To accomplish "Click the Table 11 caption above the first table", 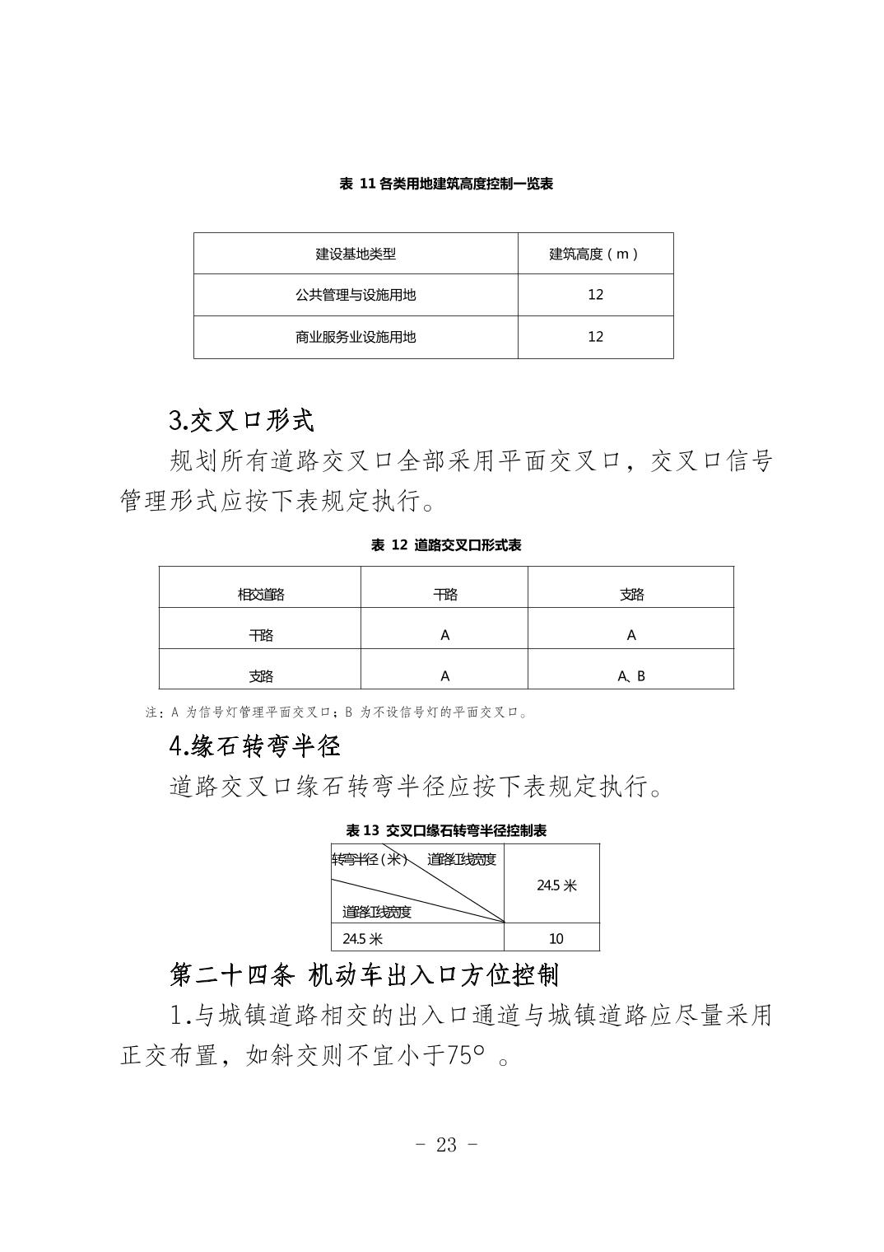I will click(445, 184).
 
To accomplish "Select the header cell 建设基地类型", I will click(356, 254).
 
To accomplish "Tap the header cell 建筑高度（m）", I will click(595, 254).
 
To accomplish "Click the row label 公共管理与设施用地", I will click(356, 295).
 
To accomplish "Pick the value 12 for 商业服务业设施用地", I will click(595, 337).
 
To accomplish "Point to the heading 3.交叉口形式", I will click(241, 421).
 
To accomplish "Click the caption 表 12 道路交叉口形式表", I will click(445, 545).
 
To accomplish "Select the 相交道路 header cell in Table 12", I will click(260, 595).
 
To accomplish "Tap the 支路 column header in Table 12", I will click(631, 595).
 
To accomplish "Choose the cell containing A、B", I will click(631, 676).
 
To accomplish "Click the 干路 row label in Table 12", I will click(260, 635).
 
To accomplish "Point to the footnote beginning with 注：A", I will click(337, 712).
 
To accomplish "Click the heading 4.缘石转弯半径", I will click(254, 746).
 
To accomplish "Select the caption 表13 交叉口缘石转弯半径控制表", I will click(445, 830).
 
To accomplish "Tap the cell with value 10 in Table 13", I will click(556, 938).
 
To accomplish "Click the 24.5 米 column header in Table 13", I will click(556, 885).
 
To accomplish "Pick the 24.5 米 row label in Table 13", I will click(363, 938).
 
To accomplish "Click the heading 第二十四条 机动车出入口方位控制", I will click(365, 975).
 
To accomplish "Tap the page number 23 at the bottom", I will click(445, 1145).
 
